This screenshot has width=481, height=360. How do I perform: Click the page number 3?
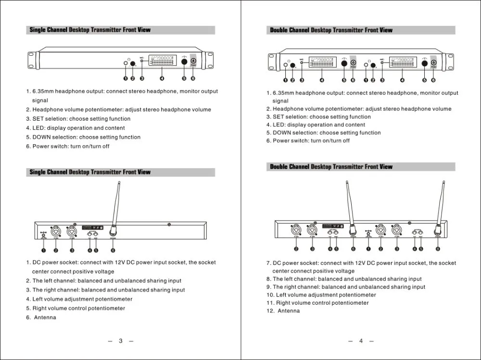point(121,341)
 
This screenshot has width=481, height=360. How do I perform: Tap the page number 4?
point(361,341)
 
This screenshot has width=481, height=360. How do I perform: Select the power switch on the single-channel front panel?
point(193,61)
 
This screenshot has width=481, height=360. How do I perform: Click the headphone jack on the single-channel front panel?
point(126,63)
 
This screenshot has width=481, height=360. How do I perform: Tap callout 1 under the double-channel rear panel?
point(368,248)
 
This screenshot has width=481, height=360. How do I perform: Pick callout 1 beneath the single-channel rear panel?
point(43,250)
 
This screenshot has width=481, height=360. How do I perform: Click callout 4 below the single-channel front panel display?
point(162,78)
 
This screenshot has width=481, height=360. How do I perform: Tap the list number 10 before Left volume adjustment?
point(270,295)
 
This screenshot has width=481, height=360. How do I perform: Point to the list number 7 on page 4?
point(268,263)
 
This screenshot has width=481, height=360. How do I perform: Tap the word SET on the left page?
point(38,119)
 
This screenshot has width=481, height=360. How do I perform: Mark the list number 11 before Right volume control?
point(270,303)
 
